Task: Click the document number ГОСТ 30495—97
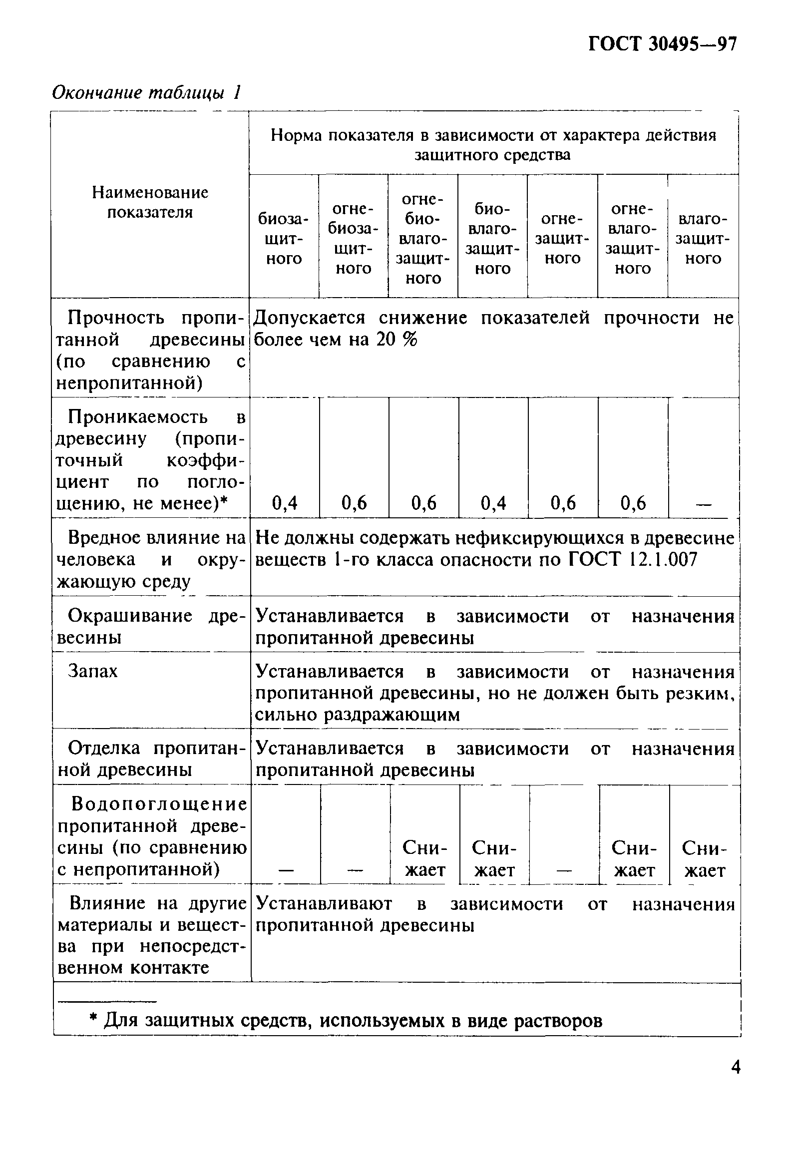click(x=662, y=44)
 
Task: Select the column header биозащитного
click(x=284, y=239)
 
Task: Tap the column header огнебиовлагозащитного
click(x=423, y=239)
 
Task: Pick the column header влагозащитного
click(x=702, y=239)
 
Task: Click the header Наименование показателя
click(x=150, y=202)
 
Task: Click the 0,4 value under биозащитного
click(x=285, y=503)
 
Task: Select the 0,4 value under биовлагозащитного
click(x=493, y=503)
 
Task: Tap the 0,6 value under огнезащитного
click(x=563, y=503)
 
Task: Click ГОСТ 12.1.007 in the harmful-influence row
click(x=633, y=559)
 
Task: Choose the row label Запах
click(x=93, y=671)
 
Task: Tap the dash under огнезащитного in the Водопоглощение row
click(x=564, y=871)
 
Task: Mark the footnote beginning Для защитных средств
click(x=346, y=1020)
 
